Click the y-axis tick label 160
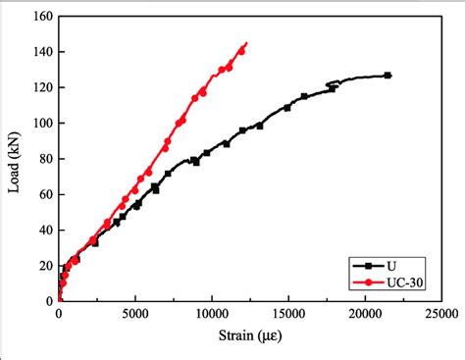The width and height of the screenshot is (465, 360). point(41,17)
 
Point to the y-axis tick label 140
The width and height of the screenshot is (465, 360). point(41,52)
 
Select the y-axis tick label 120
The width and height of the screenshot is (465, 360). point(41,87)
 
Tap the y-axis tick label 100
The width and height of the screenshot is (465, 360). point(41,124)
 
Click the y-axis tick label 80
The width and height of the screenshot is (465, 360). point(44,159)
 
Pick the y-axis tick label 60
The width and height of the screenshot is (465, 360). point(44,194)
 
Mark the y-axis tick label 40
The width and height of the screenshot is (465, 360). point(44,231)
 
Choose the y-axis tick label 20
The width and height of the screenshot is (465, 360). point(44,266)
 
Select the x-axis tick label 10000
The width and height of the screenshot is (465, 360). point(211,315)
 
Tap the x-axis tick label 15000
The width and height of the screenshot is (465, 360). point(287,315)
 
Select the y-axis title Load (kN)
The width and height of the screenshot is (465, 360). point(15,159)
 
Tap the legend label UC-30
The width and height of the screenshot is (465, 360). point(408,283)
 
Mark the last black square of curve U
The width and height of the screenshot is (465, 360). point(387,76)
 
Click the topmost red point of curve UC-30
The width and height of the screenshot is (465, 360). point(245,43)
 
